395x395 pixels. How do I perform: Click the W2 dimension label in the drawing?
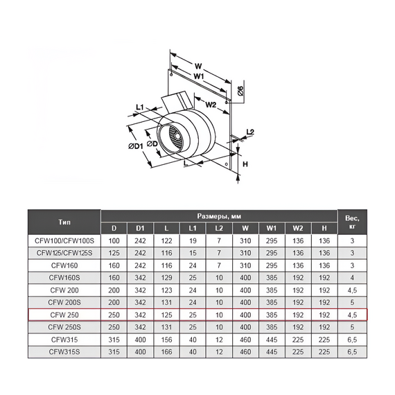(211, 105)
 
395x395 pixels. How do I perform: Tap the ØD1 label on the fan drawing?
(136, 146)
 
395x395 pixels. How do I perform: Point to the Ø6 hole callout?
(240, 91)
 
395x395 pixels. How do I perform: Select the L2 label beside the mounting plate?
(250, 132)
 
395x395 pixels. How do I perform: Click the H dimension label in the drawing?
(245, 164)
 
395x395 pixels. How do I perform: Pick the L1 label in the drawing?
(140, 107)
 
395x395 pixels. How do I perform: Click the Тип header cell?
(64, 222)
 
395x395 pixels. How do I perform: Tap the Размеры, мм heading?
(219, 216)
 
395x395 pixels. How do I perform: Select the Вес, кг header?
(352, 222)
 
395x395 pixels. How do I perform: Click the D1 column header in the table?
(140, 229)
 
